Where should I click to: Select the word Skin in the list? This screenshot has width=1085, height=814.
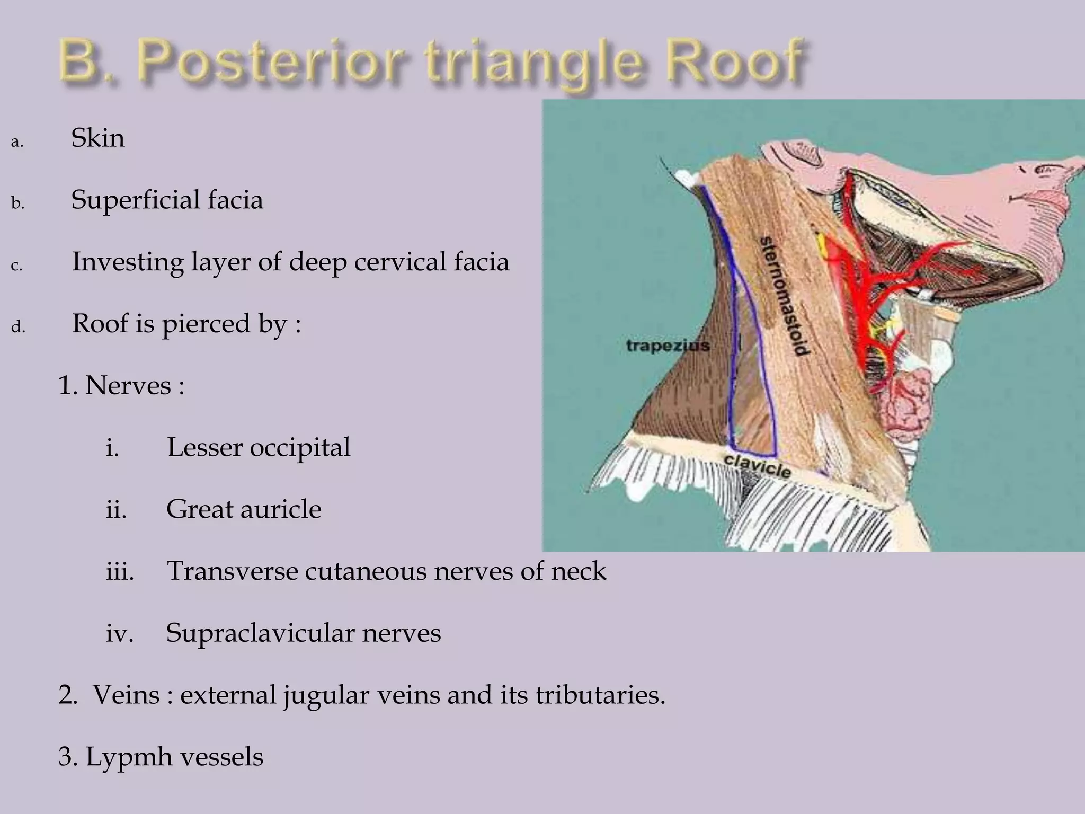pyautogui.click(x=98, y=138)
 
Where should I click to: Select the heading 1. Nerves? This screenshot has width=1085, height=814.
pyautogui.click(x=121, y=385)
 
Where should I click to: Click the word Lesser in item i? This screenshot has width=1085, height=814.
pyautogui.click(x=204, y=447)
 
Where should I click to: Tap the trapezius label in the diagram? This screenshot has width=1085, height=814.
pyautogui.click(x=668, y=346)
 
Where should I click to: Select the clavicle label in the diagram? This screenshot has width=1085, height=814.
pyautogui.click(x=758, y=465)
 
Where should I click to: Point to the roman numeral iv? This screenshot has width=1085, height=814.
pyautogui.click(x=119, y=633)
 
